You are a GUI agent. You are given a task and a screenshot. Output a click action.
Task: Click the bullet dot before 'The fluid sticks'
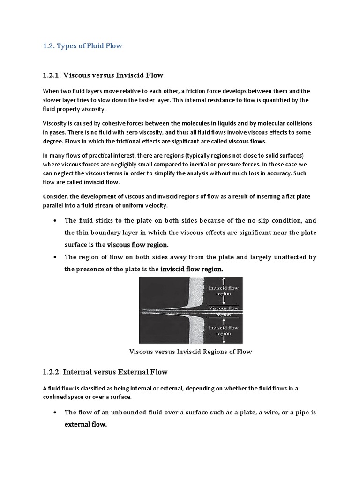(56, 221)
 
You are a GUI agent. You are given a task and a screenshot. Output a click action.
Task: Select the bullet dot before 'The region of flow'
(56, 257)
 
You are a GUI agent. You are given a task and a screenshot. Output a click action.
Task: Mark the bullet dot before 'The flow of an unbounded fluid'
(56, 412)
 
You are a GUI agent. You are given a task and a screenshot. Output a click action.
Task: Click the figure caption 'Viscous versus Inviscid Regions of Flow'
(190, 352)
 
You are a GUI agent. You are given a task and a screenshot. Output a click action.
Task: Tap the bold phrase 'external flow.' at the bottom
(86, 425)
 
